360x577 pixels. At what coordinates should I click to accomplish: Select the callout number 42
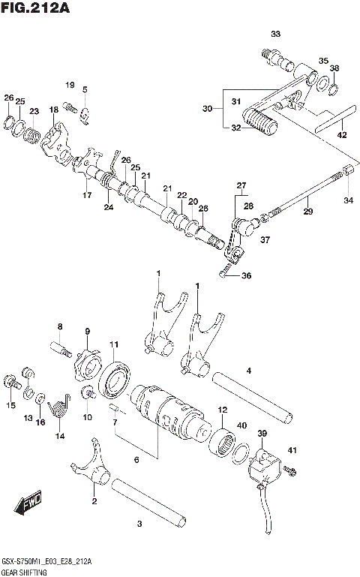pyautogui.click(x=342, y=135)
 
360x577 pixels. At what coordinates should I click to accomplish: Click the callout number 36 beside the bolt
pyautogui.click(x=246, y=275)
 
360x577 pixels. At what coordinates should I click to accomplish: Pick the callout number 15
pyautogui.click(x=10, y=405)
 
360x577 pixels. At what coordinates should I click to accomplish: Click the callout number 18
pyautogui.click(x=53, y=110)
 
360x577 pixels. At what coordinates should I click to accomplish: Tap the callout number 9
pyautogui.click(x=87, y=331)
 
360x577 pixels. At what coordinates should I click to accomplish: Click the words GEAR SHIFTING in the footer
pyautogui.click(x=24, y=571)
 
